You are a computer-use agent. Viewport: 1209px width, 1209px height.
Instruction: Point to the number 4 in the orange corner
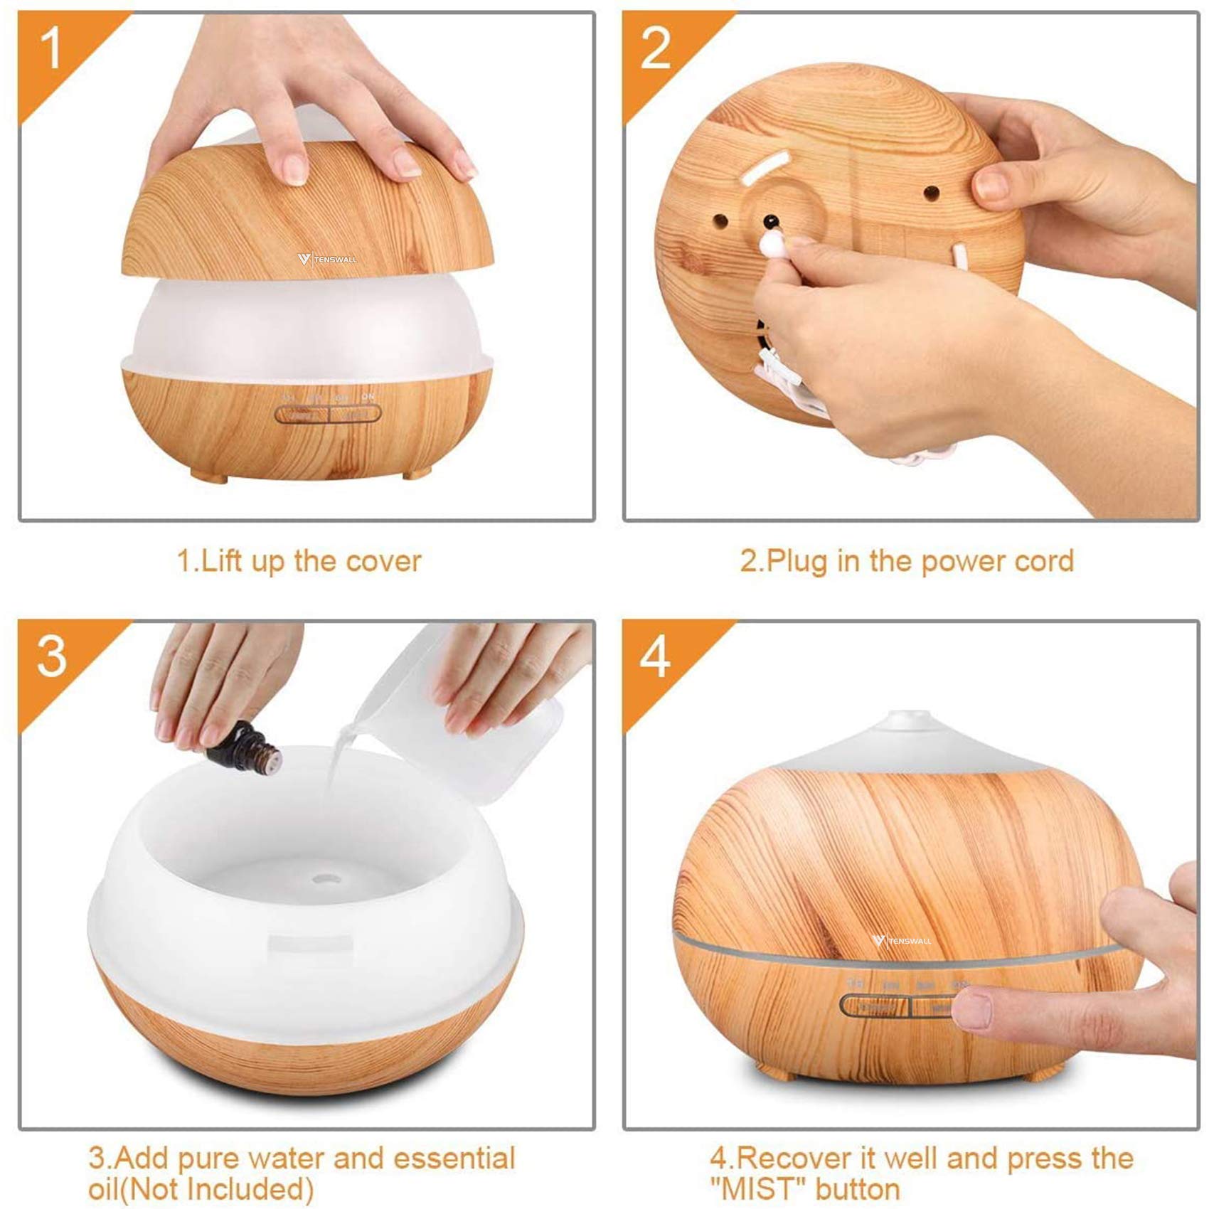pyautogui.click(x=655, y=657)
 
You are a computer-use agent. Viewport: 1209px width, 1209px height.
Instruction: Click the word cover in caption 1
pyautogui.click(x=383, y=561)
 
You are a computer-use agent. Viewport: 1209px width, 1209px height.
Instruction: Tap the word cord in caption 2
pyautogui.click(x=1044, y=561)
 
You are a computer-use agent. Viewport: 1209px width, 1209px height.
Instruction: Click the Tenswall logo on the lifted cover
pyautogui.click(x=328, y=259)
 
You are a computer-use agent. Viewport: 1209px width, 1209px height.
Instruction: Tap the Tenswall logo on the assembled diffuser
pyautogui.click(x=902, y=941)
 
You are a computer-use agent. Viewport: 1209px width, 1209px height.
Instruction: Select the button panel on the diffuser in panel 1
pyautogui.click(x=328, y=413)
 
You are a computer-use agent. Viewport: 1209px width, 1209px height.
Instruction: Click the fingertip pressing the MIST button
pyautogui.click(x=971, y=1009)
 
